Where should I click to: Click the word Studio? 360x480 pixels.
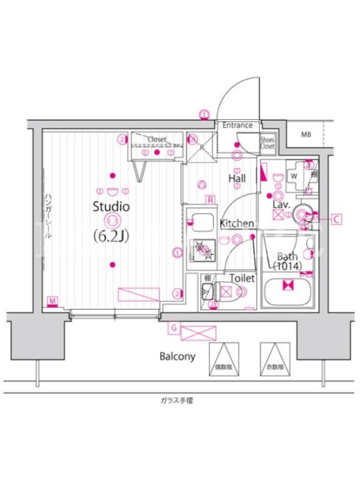[111, 207]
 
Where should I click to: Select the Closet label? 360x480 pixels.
[157, 139]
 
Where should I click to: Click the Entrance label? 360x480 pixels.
[238, 126]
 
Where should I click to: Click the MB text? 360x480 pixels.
[306, 135]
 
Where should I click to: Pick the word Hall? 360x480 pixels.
[237, 178]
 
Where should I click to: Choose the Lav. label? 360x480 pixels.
[281, 205]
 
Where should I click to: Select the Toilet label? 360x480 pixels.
[243, 278]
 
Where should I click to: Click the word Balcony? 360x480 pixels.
[177, 356]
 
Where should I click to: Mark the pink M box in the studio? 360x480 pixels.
[53, 300]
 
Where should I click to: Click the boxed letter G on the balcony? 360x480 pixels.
[173, 328]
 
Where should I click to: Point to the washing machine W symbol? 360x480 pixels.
[294, 176]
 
